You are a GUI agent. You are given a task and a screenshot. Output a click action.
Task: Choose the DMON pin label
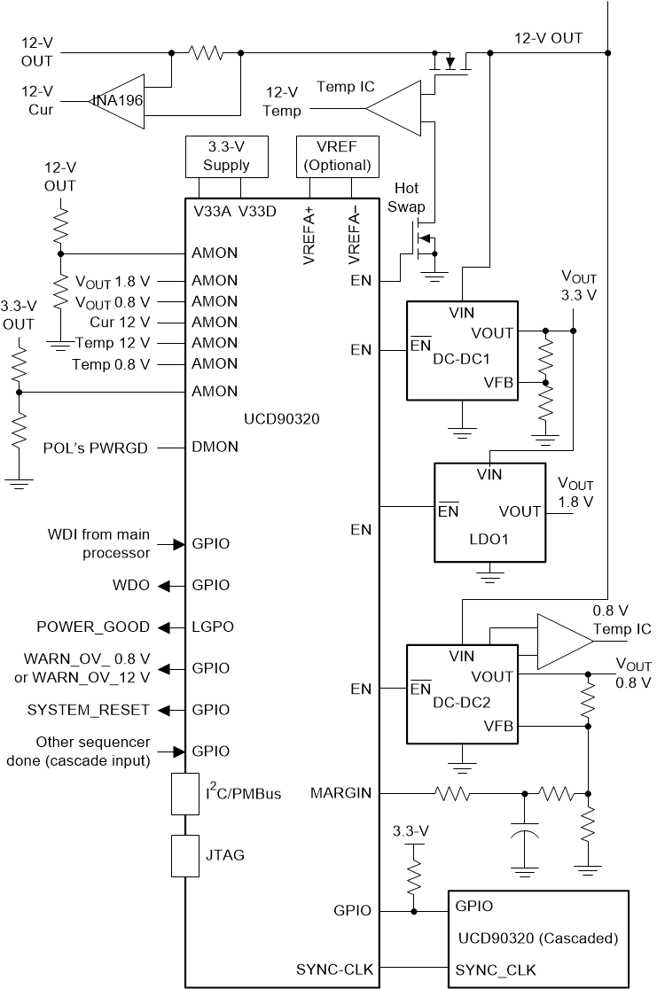[215, 448]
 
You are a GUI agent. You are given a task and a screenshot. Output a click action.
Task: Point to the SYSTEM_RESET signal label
[89, 710]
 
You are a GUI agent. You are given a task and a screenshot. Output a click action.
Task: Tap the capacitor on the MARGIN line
[525, 832]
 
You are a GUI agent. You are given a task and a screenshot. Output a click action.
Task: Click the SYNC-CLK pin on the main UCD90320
[334, 970]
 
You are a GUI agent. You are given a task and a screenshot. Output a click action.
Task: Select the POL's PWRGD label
[96, 448]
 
